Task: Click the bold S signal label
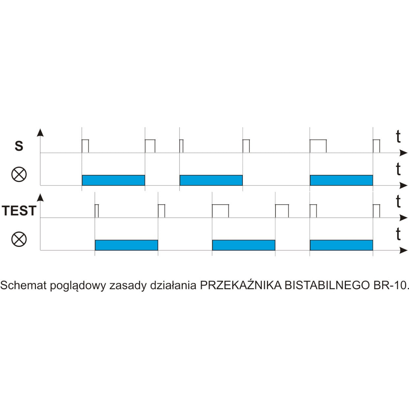pyautogui.click(x=19, y=146)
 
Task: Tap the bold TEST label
pyautogui.click(x=19, y=211)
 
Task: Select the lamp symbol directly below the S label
pyautogui.click(x=19, y=174)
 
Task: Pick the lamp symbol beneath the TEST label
pyautogui.click(x=19, y=239)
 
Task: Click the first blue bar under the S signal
pyautogui.click(x=113, y=180)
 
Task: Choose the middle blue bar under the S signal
pyautogui.click(x=211, y=180)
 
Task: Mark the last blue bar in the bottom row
pyautogui.click(x=341, y=245)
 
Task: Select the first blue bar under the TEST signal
pyautogui.click(x=126, y=245)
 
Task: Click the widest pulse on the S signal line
pyautogui.click(x=318, y=146)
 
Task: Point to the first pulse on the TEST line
pyautogui.click(x=96, y=211)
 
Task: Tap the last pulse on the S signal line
pyautogui.click(x=376, y=146)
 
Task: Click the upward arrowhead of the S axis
pyautogui.click(x=41, y=133)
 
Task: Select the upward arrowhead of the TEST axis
pyautogui.click(x=41, y=197)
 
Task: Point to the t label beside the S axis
pyautogui.click(x=398, y=137)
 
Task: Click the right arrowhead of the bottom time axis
pyautogui.click(x=403, y=251)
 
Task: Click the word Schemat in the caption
pyautogui.click(x=23, y=285)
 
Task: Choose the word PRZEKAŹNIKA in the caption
pyautogui.click(x=241, y=285)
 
